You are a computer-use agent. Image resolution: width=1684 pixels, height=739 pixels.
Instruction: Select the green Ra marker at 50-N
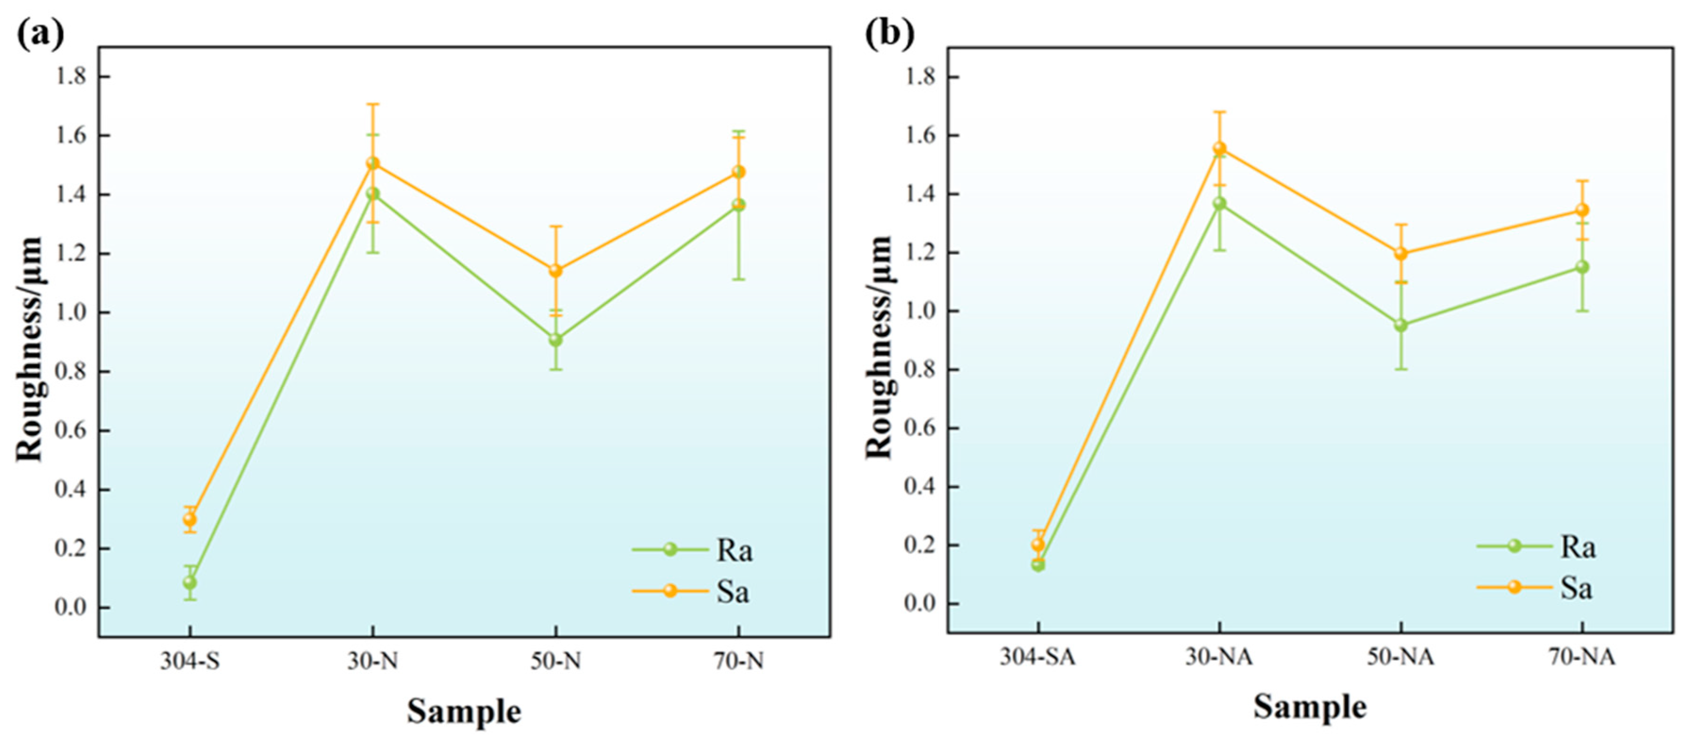556,340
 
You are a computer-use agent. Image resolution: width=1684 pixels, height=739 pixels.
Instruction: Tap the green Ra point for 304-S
190,582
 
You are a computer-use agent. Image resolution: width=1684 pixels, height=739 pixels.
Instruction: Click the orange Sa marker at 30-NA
1219,148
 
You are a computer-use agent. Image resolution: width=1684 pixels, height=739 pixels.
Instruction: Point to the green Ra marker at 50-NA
1401,325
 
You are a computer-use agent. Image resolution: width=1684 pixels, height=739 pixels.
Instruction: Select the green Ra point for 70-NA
1582,267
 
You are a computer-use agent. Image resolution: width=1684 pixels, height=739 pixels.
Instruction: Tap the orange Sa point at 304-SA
1037,543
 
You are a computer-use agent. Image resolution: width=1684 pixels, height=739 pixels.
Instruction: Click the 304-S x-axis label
190,662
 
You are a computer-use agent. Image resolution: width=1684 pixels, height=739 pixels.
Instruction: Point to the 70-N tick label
738,662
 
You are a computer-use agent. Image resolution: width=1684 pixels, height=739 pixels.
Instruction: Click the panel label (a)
41,33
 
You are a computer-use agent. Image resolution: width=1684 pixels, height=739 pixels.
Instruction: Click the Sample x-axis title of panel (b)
1310,707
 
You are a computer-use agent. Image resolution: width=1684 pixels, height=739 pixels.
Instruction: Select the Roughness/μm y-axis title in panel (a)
29,350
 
